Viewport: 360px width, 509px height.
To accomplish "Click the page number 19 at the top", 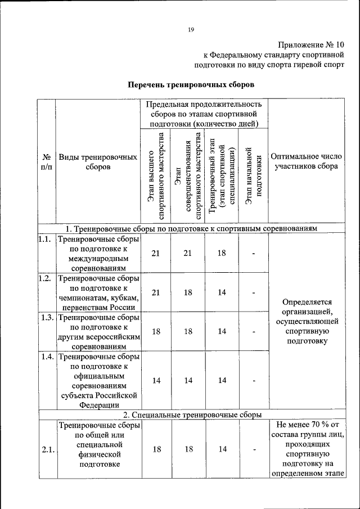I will tap(191, 30).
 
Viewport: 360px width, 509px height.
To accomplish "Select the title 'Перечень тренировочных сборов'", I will tap(191, 85).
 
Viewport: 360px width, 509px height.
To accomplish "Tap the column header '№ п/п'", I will tap(47, 163).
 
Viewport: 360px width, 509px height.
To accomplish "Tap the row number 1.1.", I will tap(44, 238).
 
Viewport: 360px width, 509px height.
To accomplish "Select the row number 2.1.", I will tap(47, 449).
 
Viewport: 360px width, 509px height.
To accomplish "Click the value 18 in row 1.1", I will tap(222, 253).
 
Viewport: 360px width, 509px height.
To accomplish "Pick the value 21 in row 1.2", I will tap(156, 292).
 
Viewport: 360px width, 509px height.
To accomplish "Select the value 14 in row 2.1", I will tap(222, 449).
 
